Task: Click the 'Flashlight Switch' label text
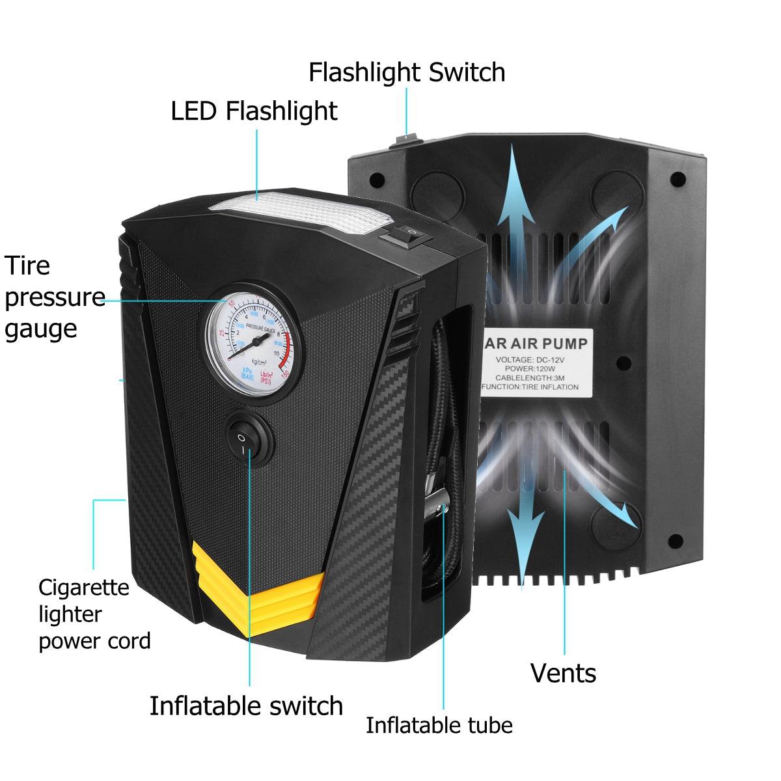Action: pos(407,72)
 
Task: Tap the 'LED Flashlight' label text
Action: pos(254,111)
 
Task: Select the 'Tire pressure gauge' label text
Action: pos(52,297)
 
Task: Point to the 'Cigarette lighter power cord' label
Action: pos(94,614)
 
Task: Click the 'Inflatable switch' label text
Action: pos(246,706)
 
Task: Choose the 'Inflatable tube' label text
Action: pos(439,725)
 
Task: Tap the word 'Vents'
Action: pos(563,673)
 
